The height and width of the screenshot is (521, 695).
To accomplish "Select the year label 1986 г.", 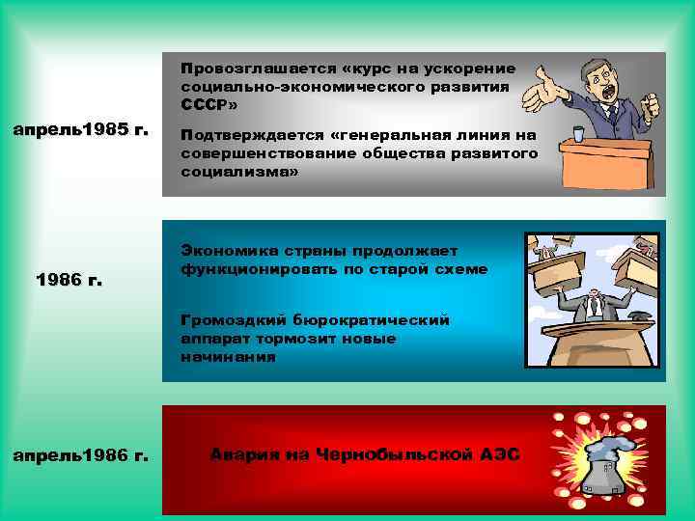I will [x=69, y=281].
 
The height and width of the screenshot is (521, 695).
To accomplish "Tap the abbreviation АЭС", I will [x=498, y=453].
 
